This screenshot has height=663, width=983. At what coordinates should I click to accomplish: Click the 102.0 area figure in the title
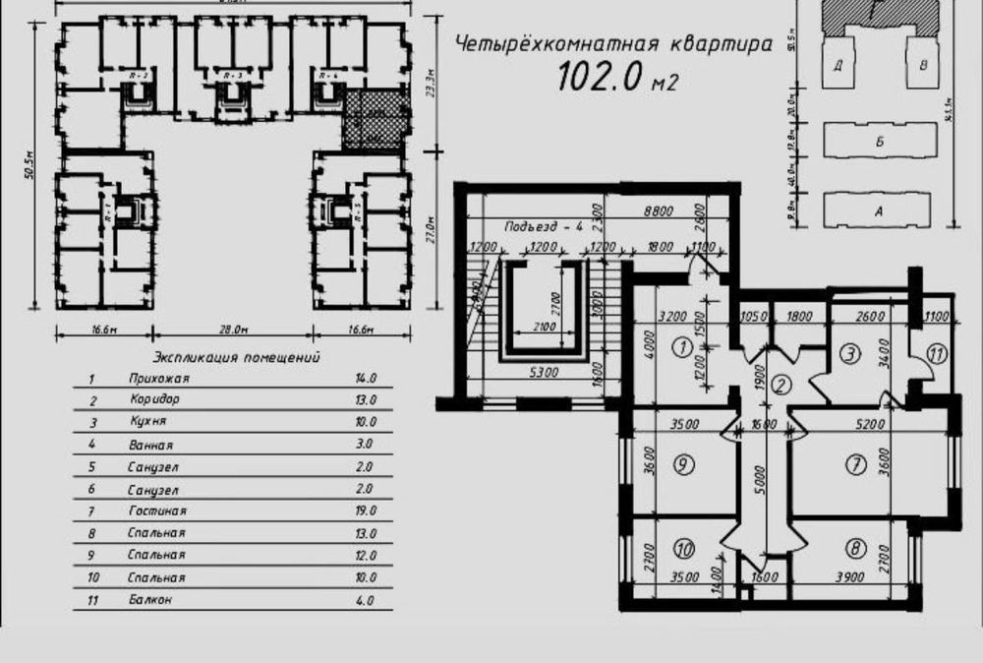pos(601,76)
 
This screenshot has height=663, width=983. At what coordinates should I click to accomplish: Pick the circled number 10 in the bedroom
pos(685,549)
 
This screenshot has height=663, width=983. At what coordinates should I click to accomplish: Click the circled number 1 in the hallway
pos(679,346)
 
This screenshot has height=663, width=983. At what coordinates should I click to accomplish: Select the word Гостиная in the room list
pos(157,512)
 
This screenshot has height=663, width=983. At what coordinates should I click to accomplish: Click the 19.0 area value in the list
pos(365,512)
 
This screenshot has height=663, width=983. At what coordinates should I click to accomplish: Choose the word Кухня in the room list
pos(146,422)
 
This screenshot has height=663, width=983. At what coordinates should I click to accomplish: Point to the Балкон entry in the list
pos(149,600)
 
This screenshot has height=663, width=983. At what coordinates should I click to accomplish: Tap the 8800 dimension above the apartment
pos(660,210)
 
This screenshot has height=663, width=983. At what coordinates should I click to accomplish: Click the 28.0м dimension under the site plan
pos(233,330)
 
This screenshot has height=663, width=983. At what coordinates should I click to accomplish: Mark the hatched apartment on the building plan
pos(373,118)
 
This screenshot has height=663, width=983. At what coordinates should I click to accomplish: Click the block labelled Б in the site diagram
pos(879,142)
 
